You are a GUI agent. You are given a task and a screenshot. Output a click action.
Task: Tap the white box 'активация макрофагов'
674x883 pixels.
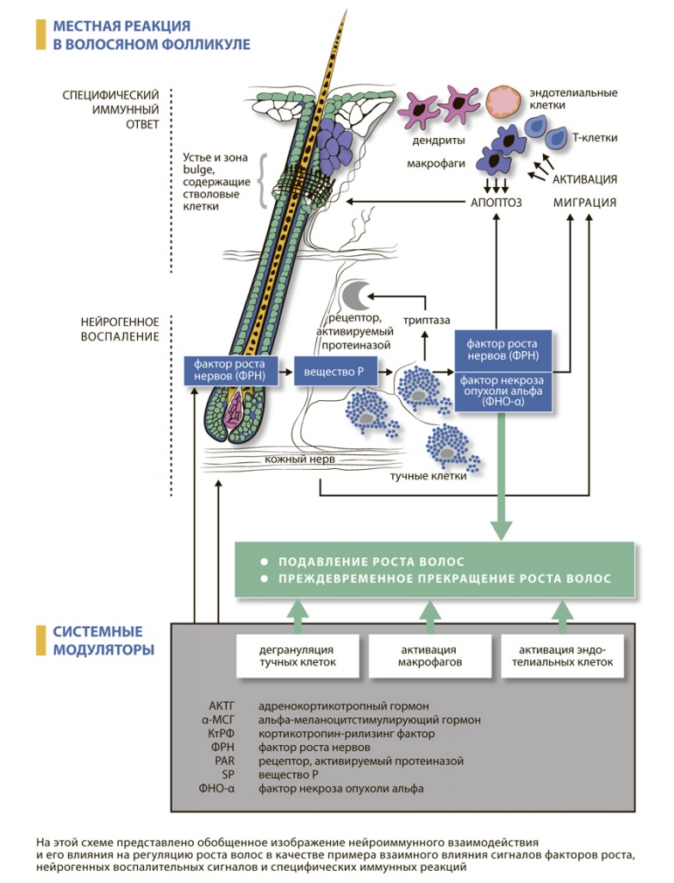tap(428, 655)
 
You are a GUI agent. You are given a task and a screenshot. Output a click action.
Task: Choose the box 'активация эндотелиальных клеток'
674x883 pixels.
tap(566, 655)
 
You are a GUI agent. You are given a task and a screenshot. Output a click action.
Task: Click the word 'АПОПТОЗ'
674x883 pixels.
tap(496, 204)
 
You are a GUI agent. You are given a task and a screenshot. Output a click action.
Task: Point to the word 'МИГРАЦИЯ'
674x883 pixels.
tap(584, 204)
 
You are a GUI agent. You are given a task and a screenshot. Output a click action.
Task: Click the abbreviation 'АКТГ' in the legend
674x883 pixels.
tap(222, 706)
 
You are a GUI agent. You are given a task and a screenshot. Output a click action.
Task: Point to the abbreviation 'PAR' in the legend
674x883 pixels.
tap(223, 761)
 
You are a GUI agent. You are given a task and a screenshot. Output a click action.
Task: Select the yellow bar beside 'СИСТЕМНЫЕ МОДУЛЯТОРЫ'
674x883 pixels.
tap(40, 640)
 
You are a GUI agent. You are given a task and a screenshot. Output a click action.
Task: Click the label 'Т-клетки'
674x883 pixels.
tap(595, 137)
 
